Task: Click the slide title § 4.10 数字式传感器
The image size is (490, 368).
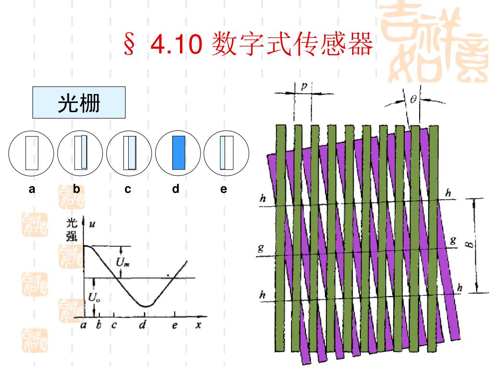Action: click(x=248, y=44)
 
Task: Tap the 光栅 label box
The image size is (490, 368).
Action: click(x=79, y=103)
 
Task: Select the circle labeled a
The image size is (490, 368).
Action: click(x=32, y=153)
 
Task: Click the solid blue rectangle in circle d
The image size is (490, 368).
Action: click(x=178, y=152)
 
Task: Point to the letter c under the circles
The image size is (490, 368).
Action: click(x=128, y=189)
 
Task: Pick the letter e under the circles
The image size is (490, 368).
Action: click(x=223, y=189)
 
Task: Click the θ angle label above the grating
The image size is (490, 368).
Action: click(x=413, y=99)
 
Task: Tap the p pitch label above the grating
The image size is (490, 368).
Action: click(x=304, y=86)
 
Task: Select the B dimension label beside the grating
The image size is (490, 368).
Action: click(x=471, y=244)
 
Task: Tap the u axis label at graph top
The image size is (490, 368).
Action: click(x=90, y=223)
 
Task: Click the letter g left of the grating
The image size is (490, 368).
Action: click(x=261, y=249)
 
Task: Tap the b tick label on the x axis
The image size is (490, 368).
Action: click(x=99, y=325)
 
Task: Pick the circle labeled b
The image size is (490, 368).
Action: click(x=81, y=153)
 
